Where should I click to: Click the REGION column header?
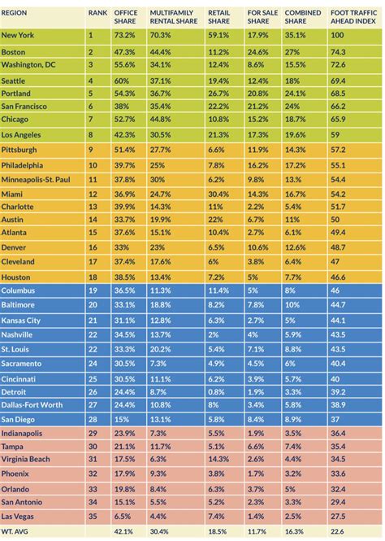pos(18,14)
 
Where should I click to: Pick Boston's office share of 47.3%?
pos(124,50)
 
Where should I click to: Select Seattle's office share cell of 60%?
pos(121,81)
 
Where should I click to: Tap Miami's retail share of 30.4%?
pos(218,194)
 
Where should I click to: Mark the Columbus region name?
pos(19,290)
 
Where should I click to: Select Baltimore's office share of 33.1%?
pos(124,305)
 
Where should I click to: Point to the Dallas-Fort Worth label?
pos(36,404)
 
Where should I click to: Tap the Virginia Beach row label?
pos(26,460)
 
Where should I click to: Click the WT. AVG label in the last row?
pos(17,531)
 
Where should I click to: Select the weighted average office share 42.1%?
pos(124,531)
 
